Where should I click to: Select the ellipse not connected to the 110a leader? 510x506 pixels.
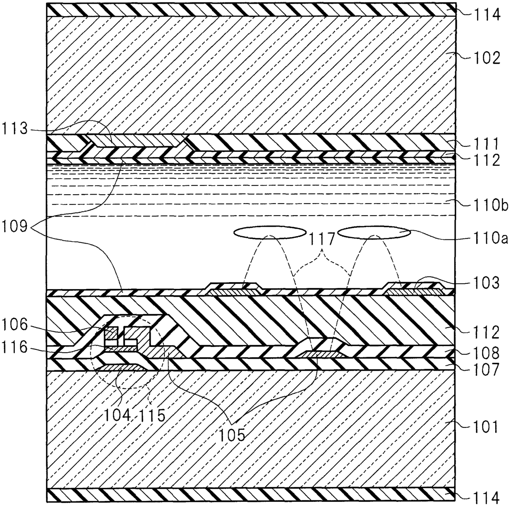coord(269,233)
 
